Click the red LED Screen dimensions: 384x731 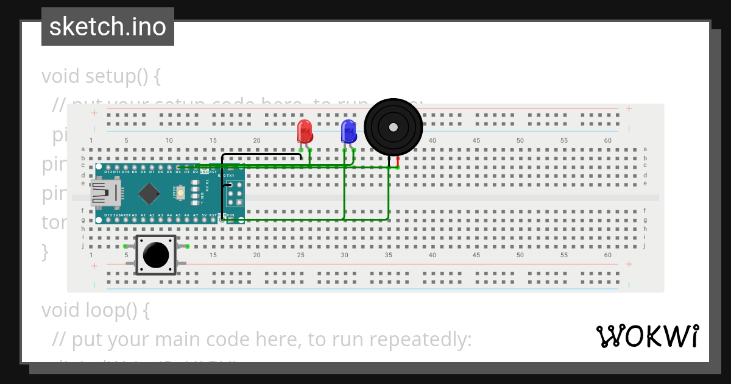[x=305, y=132]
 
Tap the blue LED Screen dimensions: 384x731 [x=348, y=132]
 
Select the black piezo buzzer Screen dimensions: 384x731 [x=393, y=127]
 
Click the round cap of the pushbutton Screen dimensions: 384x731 [x=156, y=254]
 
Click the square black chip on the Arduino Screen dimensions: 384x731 [x=149, y=194]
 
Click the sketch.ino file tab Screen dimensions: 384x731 [x=108, y=27]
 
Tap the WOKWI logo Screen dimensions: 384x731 [x=647, y=336]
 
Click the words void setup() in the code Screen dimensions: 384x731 [x=101, y=77]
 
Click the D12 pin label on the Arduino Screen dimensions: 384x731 [x=108, y=172]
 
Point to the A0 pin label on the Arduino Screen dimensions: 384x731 [x=134, y=215]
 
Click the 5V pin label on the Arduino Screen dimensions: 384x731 [x=205, y=215]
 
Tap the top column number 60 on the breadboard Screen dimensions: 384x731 [x=607, y=141]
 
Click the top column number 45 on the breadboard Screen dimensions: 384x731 [x=476, y=141]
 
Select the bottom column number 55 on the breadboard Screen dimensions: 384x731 [x=563, y=255]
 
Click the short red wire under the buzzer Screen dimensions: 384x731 [x=398, y=162]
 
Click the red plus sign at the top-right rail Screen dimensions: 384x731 [x=629, y=108]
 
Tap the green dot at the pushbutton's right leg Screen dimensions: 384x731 [x=187, y=246]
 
